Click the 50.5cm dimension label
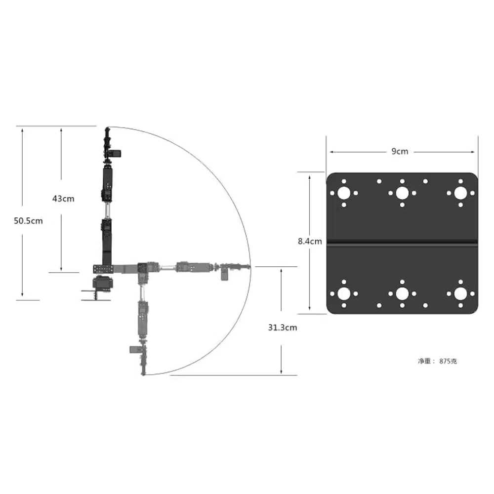28,221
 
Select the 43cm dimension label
63,199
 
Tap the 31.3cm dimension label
283,328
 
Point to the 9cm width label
400,152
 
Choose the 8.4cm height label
310,242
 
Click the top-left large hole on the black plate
344,193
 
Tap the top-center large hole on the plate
402,193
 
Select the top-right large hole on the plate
460,193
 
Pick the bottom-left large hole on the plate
344,293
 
